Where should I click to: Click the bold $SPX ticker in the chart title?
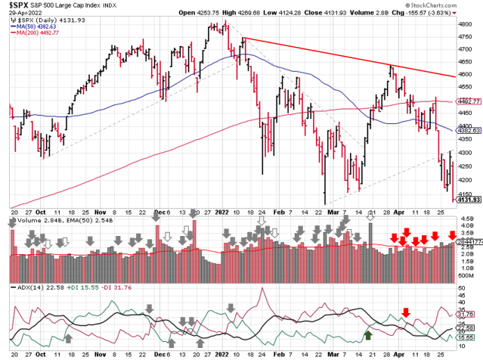pos(16,4)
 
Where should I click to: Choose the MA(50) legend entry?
pos(38,27)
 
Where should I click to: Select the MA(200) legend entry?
pos(39,35)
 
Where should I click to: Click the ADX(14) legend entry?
pos(29,287)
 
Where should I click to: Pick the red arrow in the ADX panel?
pos(406,312)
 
